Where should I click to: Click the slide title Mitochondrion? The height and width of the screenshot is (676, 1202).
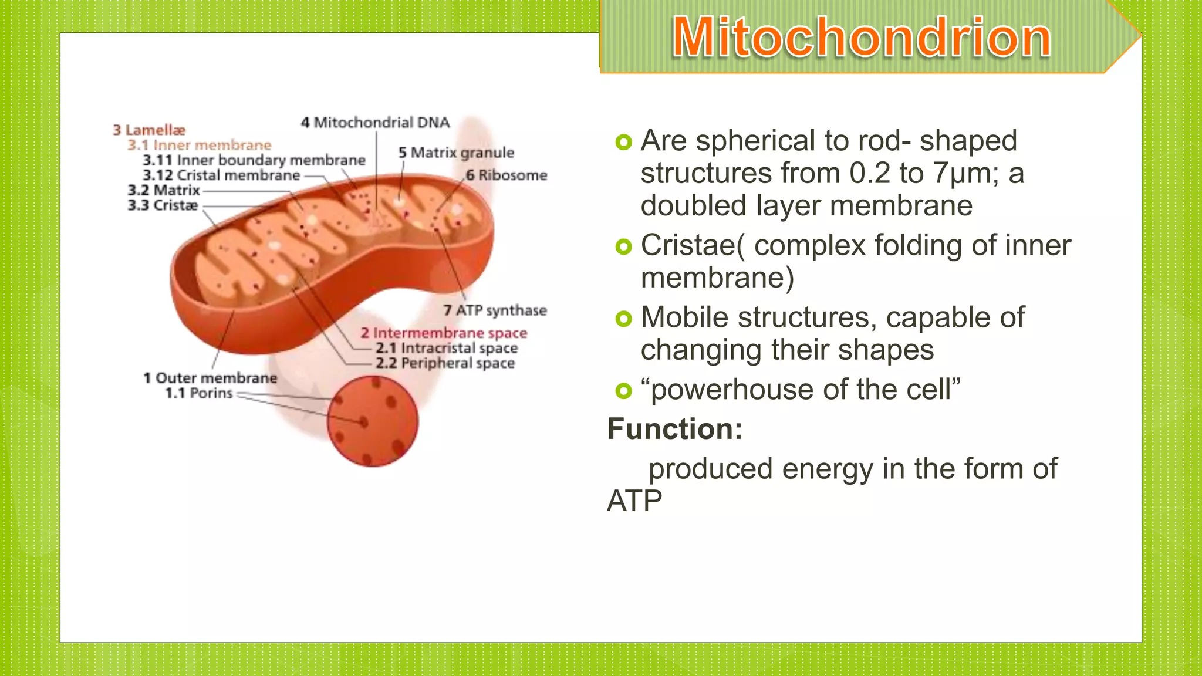click(x=861, y=38)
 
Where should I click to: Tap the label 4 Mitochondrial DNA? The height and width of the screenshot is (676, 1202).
click(x=375, y=123)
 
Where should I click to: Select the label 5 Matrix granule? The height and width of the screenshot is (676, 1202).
click(x=456, y=153)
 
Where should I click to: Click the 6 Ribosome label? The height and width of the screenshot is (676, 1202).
click(x=507, y=175)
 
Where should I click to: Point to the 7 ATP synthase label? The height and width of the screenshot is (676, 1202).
click(x=495, y=310)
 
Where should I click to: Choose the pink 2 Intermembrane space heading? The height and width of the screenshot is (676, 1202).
click(x=444, y=333)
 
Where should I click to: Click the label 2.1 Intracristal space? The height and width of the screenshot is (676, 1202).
click(x=447, y=349)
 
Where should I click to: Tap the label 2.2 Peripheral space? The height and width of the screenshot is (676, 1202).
click(x=445, y=363)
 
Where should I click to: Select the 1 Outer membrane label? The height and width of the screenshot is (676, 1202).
click(x=210, y=378)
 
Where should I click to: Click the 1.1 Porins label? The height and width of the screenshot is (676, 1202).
click(x=199, y=393)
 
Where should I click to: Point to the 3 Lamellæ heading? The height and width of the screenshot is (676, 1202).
click(x=149, y=130)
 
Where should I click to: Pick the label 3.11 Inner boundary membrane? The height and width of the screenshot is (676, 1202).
click(x=254, y=160)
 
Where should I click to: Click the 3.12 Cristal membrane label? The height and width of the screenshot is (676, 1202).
click(x=221, y=175)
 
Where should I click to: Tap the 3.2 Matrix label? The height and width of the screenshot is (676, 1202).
click(x=164, y=191)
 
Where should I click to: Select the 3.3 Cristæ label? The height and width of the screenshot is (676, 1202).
click(x=163, y=205)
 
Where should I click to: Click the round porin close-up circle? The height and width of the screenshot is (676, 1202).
click(x=373, y=422)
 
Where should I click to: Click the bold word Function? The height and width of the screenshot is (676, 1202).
click(x=675, y=429)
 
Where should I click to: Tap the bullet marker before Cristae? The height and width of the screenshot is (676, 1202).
click(x=623, y=246)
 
